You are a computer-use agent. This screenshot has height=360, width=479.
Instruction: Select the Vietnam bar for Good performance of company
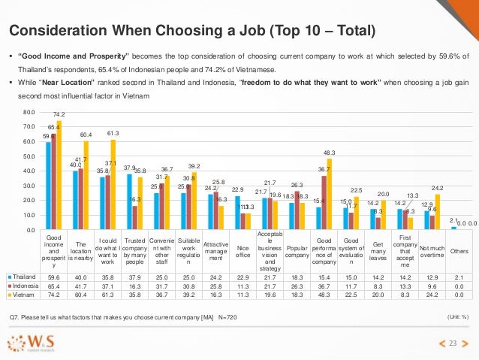coord(328,194)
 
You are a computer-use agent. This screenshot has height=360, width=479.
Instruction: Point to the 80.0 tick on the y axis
coord(29,113)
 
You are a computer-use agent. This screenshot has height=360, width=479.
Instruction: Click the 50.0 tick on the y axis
coord(29,156)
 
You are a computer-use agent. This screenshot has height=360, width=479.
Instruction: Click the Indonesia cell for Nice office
coord(242,286)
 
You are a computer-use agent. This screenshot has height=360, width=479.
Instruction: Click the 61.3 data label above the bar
coord(113,132)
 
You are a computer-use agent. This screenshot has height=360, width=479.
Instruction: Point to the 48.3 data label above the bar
coord(329,152)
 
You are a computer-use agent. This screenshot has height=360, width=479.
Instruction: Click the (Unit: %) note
coord(458,319)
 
